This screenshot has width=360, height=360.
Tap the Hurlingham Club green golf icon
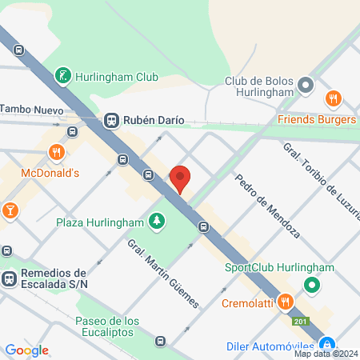click(x=62, y=78)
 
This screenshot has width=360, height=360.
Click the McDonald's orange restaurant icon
click(x=55, y=151)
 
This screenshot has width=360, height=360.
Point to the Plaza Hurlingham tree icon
click(x=158, y=221)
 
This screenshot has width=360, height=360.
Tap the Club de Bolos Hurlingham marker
click(x=304, y=85)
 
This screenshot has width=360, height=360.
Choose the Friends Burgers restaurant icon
click(x=334, y=99)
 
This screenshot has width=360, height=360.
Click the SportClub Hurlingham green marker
click(x=311, y=285)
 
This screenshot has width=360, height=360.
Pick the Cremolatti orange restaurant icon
click(x=285, y=302)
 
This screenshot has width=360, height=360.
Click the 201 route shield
click(x=299, y=322)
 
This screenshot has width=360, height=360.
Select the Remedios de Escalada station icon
click(x=10, y=279)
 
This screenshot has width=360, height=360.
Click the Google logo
click(x=26, y=350)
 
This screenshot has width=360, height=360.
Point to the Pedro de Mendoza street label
click(x=267, y=207)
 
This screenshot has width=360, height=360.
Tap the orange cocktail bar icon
click(x=10, y=211)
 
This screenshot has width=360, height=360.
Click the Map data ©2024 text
click(x=326, y=354)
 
